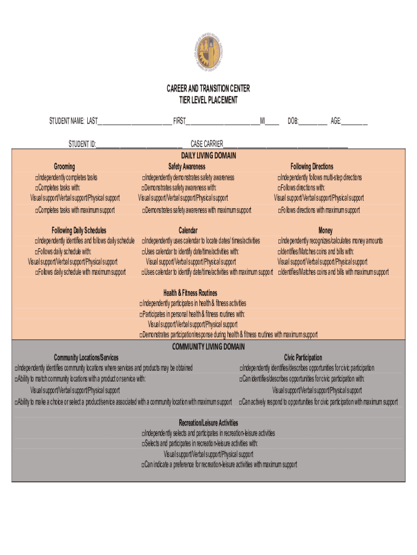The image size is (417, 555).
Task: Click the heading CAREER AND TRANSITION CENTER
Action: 208,89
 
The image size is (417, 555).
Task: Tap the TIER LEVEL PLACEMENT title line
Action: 208,100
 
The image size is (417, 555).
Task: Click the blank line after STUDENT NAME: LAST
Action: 134,121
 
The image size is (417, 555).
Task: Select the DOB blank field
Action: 312,121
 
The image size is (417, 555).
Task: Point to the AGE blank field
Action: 355,121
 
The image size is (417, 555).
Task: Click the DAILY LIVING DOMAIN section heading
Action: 208,156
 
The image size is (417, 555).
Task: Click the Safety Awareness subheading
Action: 187,166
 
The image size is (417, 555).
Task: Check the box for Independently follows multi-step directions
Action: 279,178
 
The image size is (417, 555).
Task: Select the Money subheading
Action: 325,230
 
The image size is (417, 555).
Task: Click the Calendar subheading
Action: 188,230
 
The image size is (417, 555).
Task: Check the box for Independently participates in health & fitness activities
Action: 141,304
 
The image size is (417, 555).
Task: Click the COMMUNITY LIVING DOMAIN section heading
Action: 208,347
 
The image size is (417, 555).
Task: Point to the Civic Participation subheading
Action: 303,358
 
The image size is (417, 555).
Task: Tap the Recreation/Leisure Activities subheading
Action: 208,423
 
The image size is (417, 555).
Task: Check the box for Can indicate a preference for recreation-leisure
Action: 143,466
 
